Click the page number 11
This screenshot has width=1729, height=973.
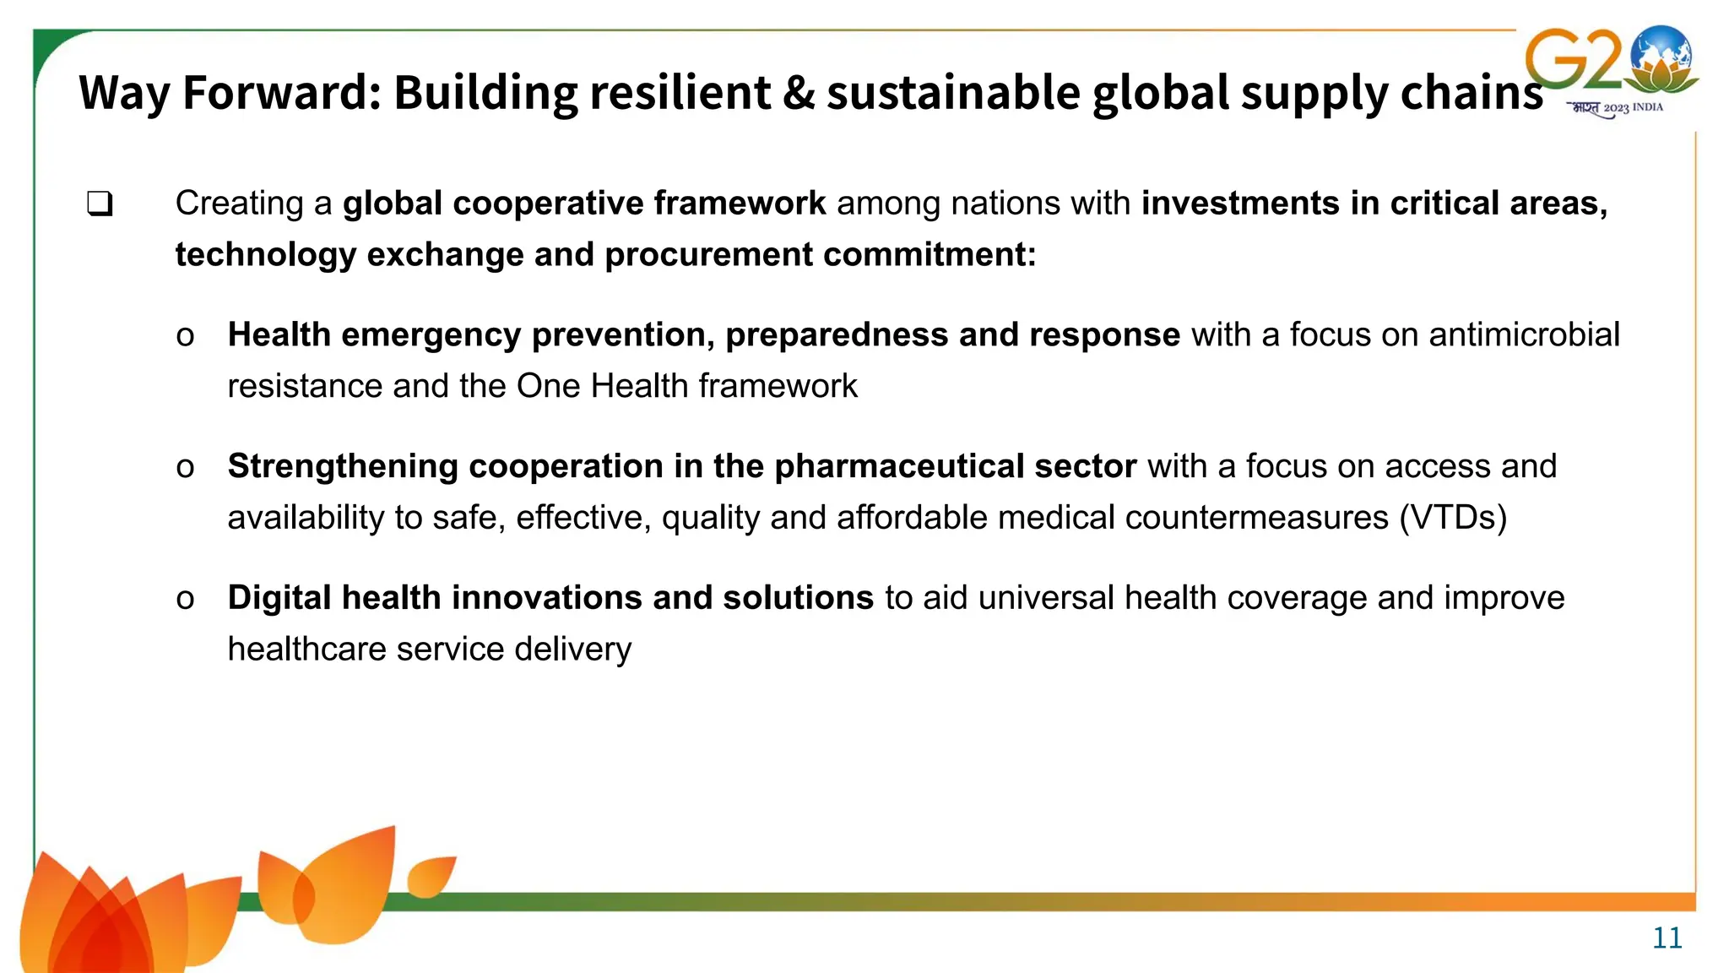1667,938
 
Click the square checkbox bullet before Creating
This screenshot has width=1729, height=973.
100,204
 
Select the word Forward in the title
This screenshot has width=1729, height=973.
282,92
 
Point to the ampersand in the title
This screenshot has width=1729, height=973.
798,92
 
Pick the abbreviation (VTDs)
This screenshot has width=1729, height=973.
1452,517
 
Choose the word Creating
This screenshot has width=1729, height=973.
240,204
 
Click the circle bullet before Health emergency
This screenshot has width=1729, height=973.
185,336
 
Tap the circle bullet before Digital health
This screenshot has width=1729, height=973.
185,599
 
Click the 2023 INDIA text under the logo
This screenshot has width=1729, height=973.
1633,108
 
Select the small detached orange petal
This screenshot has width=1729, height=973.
431,875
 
